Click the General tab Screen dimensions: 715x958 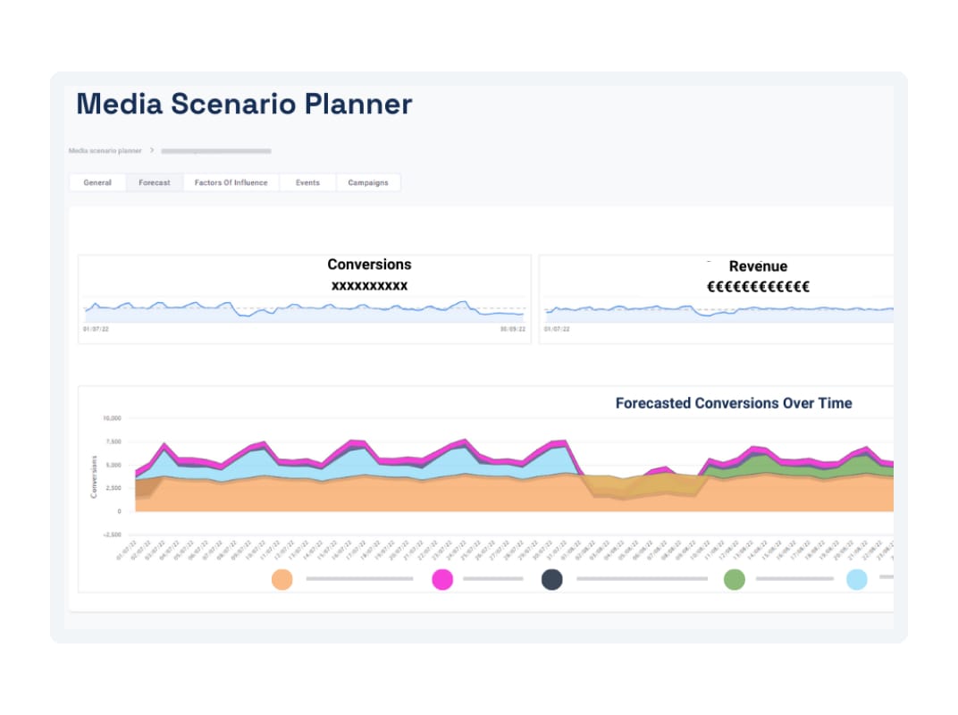pyautogui.click(x=97, y=182)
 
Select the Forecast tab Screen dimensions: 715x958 pyautogui.click(x=155, y=182)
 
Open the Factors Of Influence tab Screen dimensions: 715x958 pyautogui.click(x=231, y=182)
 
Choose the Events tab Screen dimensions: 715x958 pyautogui.click(x=307, y=182)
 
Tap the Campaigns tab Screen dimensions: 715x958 pyautogui.click(x=368, y=182)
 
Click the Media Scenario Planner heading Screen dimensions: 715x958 pyautogui.click(x=244, y=105)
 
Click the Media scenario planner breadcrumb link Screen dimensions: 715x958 pyautogui.click(x=105, y=151)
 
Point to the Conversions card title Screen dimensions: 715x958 pyautogui.click(x=369, y=265)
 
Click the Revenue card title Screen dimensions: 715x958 pyautogui.click(x=758, y=266)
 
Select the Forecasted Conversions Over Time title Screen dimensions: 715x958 pyautogui.click(x=734, y=403)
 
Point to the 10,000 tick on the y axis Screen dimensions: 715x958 pyautogui.click(x=111, y=418)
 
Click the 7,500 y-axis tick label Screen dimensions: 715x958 pyautogui.click(x=113, y=442)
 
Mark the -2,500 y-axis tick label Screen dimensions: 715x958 pyautogui.click(x=111, y=534)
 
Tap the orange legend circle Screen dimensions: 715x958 pyautogui.click(x=282, y=579)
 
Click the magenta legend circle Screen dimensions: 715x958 pyautogui.click(x=442, y=579)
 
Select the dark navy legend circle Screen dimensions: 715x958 pyautogui.click(x=552, y=579)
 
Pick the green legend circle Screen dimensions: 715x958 pyautogui.click(x=734, y=579)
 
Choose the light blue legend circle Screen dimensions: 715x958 pyautogui.click(x=856, y=579)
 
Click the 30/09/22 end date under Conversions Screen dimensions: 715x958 pyautogui.click(x=512, y=330)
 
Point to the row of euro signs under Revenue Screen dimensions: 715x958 pyautogui.click(x=758, y=287)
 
